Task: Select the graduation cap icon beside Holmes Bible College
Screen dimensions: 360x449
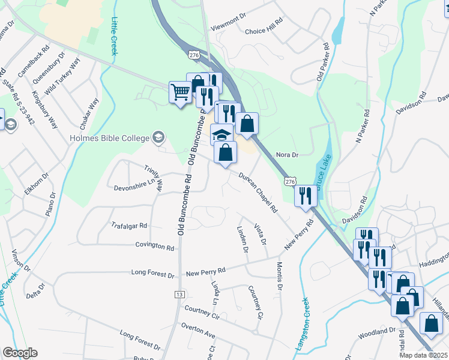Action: click(x=158, y=137)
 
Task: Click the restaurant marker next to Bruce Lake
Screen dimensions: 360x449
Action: click(x=305, y=195)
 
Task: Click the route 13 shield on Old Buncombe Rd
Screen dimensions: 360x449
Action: click(x=179, y=294)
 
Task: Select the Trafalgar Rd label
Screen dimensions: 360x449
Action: click(x=129, y=226)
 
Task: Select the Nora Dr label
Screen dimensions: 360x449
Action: click(x=287, y=155)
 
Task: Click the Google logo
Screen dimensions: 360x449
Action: click(x=20, y=353)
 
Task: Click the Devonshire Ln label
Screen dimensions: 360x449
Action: click(x=130, y=187)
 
